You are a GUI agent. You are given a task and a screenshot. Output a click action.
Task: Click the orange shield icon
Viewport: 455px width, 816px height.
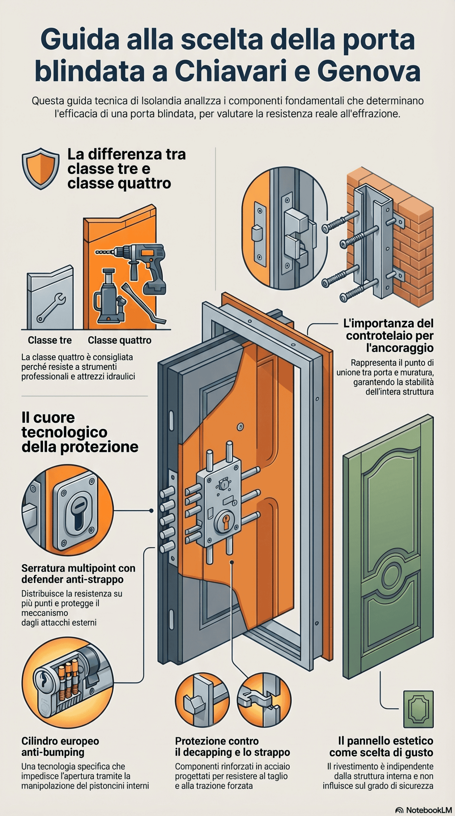(40, 169)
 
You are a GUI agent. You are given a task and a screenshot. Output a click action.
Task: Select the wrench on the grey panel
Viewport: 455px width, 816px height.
(51, 308)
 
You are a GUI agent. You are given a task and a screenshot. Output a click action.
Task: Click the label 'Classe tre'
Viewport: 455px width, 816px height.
(50, 340)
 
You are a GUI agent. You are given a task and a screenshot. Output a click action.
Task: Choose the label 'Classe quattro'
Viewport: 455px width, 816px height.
(120, 340)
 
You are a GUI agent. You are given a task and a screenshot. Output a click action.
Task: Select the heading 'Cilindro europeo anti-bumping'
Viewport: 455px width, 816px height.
(60, 747)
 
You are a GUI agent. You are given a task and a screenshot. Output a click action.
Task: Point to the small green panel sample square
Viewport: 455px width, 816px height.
(418, 709)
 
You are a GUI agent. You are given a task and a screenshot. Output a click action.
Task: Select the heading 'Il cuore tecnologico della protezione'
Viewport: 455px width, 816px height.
(80, 432)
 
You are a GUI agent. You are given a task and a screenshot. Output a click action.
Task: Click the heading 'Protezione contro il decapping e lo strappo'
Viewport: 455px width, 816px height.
(232, 747)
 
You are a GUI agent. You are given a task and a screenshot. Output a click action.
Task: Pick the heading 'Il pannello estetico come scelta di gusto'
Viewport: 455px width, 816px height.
(381, 747)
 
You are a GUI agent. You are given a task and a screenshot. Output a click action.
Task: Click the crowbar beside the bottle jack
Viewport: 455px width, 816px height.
(143, 303)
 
